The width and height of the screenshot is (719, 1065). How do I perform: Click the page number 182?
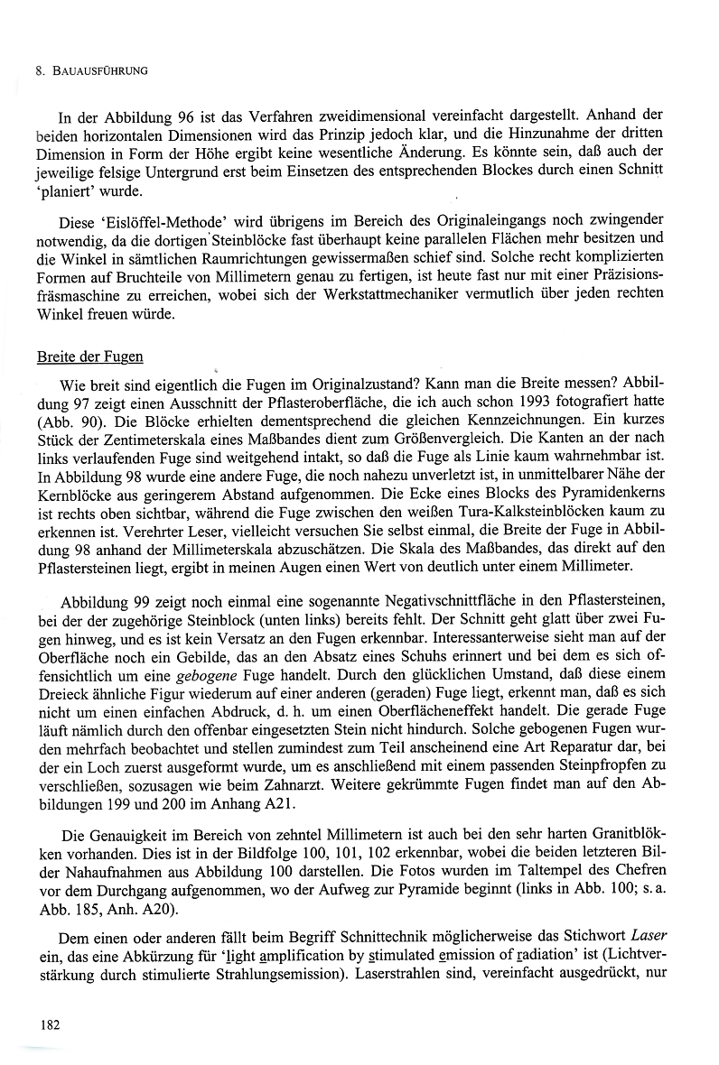[x=49, y=1023]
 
